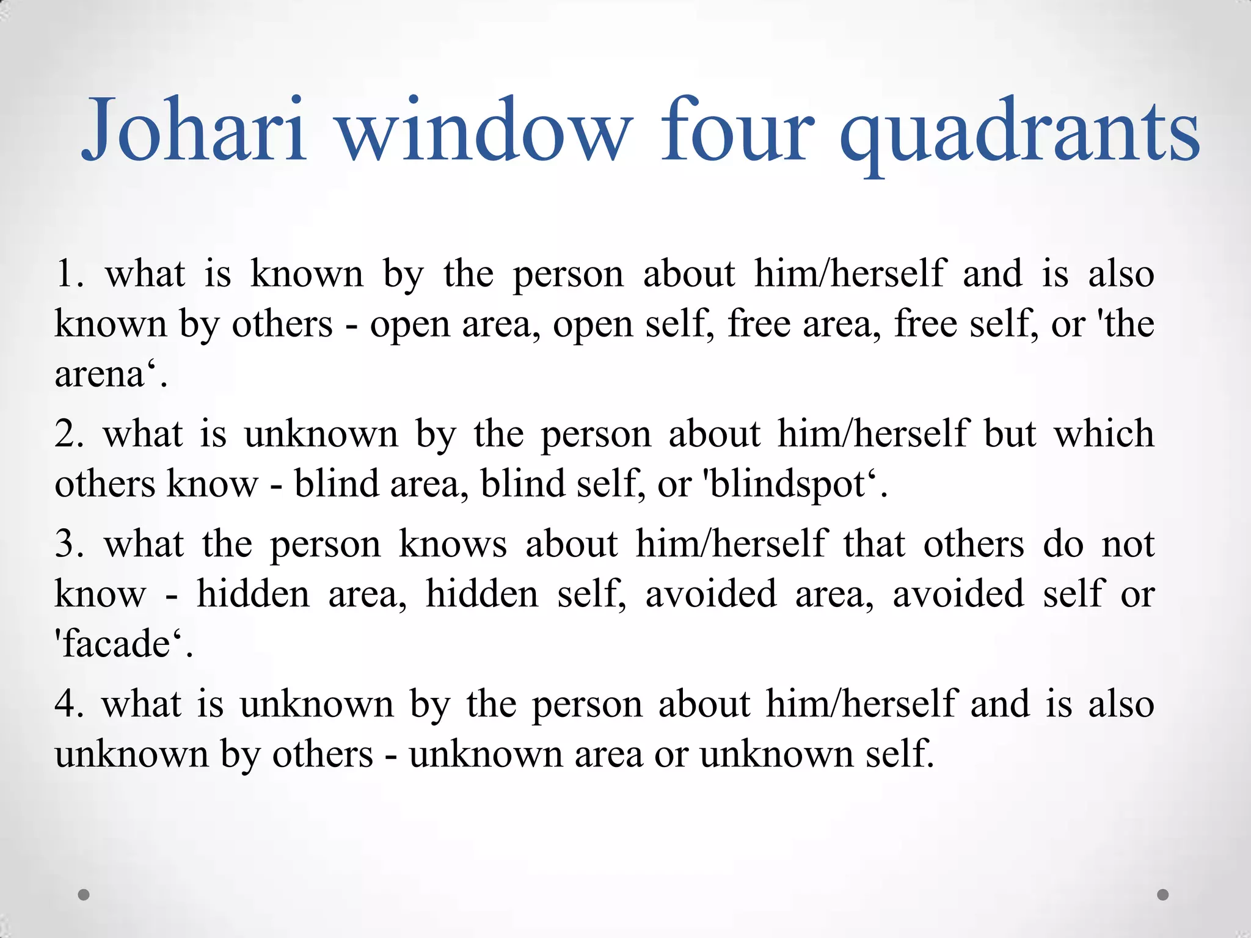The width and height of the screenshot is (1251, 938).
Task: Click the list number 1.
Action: coord(68,274)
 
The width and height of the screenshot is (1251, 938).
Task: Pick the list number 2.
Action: coord(68,434)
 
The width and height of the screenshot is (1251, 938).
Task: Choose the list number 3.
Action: coord(68,544)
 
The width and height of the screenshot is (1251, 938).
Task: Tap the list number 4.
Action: coord(68,704)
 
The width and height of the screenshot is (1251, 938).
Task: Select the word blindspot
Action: coord(789,485)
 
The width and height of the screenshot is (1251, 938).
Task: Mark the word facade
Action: coord(116,644)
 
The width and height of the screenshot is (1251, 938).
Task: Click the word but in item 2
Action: coord(1010,434)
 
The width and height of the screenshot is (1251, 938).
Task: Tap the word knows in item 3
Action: coord(453,544)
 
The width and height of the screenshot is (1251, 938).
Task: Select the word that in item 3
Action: coord(874,544)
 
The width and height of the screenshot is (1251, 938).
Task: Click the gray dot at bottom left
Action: coord(84,895)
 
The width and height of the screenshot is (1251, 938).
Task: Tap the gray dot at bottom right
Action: coord(1163,895)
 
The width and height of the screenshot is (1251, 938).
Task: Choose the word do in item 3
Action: coord(1063,544)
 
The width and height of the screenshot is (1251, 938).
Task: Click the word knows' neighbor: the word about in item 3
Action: coord(571,544)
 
